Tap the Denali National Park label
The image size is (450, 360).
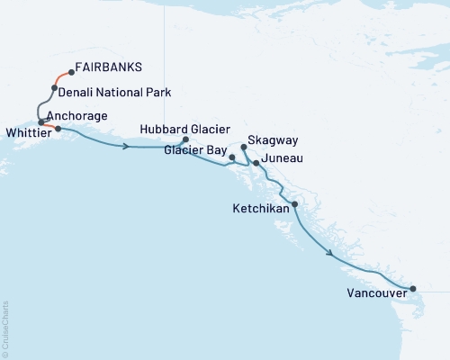pyautogui.click(x=116, y=92)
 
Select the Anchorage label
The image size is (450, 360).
pyautogui.click(x=77, y=116)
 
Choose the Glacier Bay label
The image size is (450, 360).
pyautogui.click(x=193, y=151)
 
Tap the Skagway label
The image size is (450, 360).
pyautogui.click(x=274, y=141)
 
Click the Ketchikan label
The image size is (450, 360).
pyautogui.click(x=264, y=208)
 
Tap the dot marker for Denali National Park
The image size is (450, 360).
pyautogui.click(x=55, y=88)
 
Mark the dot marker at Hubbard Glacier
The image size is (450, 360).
pyautogui.click(x=185, y=139)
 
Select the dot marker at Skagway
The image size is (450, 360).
pyautogui.click(x=244, y=146)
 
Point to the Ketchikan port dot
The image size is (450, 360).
pyautogui.click(x=294, y=204)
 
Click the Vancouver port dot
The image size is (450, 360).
pyautogui.click(x=413, y=289)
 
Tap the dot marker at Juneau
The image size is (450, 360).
pyautogui.click(x=256, y=163)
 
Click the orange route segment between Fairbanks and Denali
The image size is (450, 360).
pyautogui.click(x=61, y=78)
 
